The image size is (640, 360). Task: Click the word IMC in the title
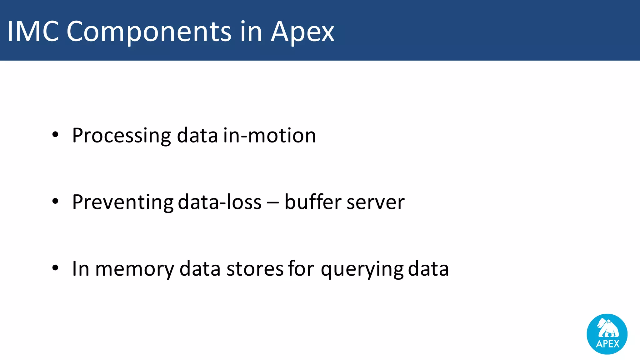click(33, 31)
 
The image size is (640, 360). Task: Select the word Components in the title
click(149, 32)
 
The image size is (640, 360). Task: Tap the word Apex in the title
click(302, 32)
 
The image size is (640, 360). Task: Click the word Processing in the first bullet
click(121, 136)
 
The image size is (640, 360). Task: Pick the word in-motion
click(269, 136)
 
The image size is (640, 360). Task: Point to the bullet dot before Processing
click(55, 135)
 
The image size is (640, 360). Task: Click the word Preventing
click(122, 202)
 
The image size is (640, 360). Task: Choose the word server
click(375, 202)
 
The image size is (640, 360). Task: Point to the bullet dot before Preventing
click(55, 202)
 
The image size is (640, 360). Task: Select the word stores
click(255, 269)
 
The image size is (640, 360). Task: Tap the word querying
click(362, 269)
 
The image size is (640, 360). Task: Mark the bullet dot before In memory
click(55, 268)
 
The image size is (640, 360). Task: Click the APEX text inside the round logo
click(607, 344)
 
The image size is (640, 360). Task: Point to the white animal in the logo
click(608, 328)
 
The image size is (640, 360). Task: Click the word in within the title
click(251, 31)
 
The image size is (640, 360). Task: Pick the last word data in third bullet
click(428, 269)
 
